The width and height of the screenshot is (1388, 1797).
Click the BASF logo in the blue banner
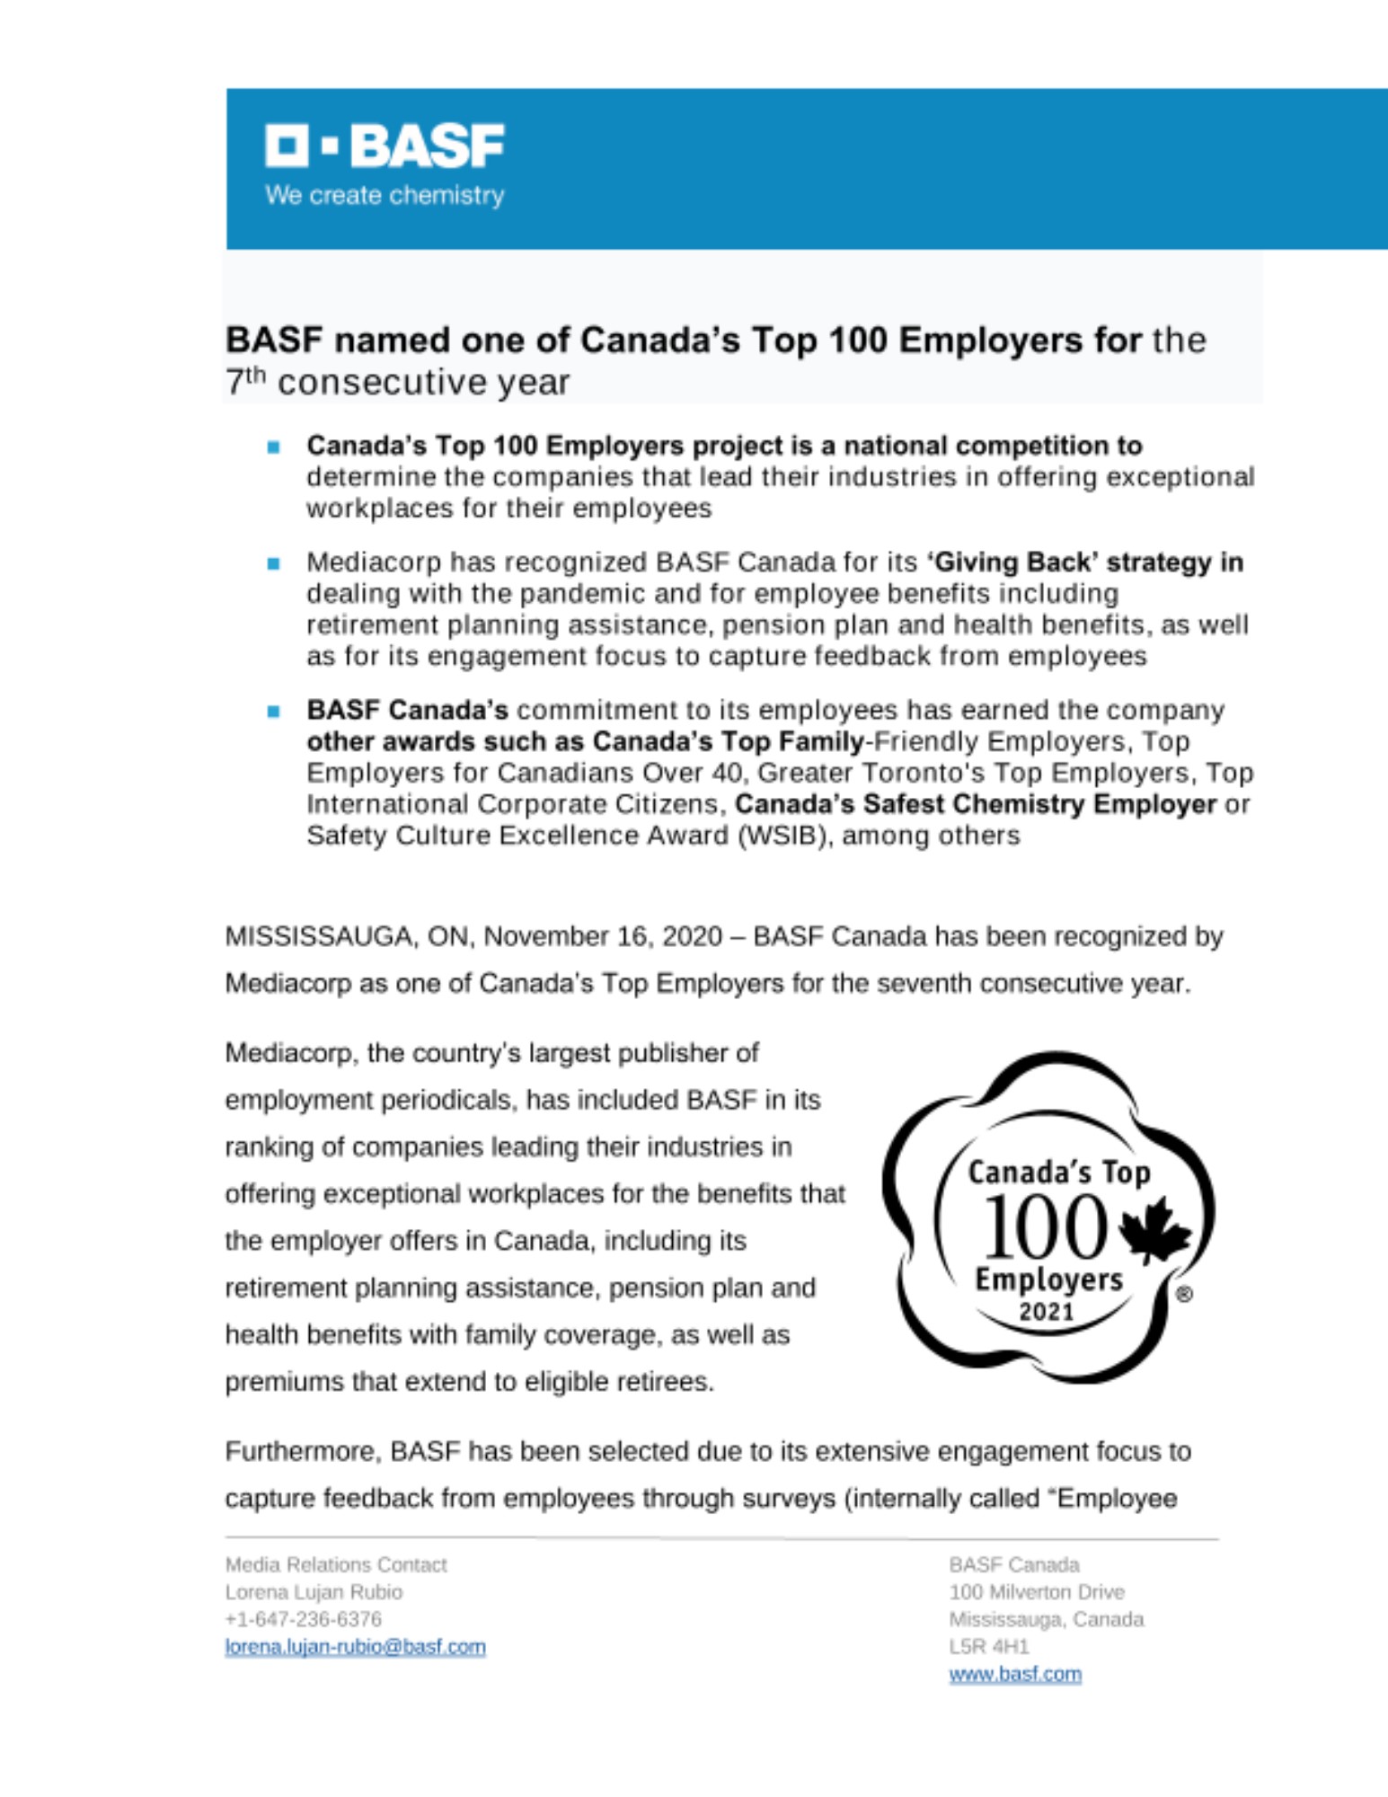[x=385, y=146]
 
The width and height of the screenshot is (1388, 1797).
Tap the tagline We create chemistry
[x=385, y=195]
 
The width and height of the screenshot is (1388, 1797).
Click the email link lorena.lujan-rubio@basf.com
[x=355, y=1647]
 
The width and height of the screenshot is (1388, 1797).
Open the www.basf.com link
[x=1015, y=1674]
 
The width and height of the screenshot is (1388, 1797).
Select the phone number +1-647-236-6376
[x=304, y=1619]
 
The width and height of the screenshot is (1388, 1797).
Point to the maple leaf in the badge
[x=1156, y=1228]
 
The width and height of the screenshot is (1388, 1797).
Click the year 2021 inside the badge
[x=1047, y=1312]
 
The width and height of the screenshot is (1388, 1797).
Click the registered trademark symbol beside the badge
[x=1184, y=1295]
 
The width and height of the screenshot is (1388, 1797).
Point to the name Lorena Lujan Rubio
[x=314, y=1592]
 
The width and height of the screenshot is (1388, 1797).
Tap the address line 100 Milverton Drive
[x=1037, y=1592]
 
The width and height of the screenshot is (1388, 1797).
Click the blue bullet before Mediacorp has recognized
[x=274, y=563]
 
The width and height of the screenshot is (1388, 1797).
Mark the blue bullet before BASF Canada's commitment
[x=274, y=711]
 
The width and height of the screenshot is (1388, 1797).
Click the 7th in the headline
[x=244, y=382]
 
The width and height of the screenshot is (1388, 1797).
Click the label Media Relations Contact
[x=336, y=1564]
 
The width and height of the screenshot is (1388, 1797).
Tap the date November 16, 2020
[x=603, y=936]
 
